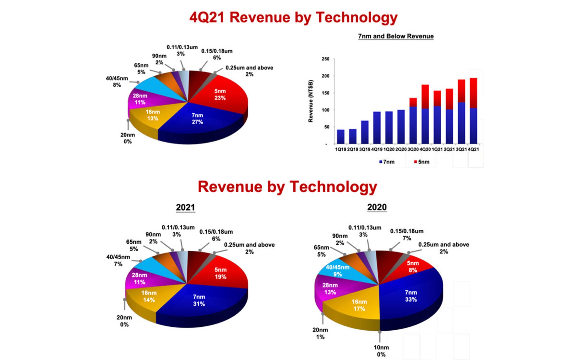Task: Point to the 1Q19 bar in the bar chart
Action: [340, 136]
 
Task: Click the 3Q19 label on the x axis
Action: [365, 149]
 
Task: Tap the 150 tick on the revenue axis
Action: [325, 93]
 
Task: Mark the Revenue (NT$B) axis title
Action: [311, 101]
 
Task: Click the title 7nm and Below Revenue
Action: [396, 36]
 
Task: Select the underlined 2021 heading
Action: [185, 207]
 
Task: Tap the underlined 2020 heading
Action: [377, 207]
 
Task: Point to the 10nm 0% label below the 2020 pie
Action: [381, 351]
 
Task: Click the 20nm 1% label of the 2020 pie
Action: [320, 333]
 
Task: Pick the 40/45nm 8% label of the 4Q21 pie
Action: [117, 82]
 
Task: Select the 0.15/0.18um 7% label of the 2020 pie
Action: [406, 235]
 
